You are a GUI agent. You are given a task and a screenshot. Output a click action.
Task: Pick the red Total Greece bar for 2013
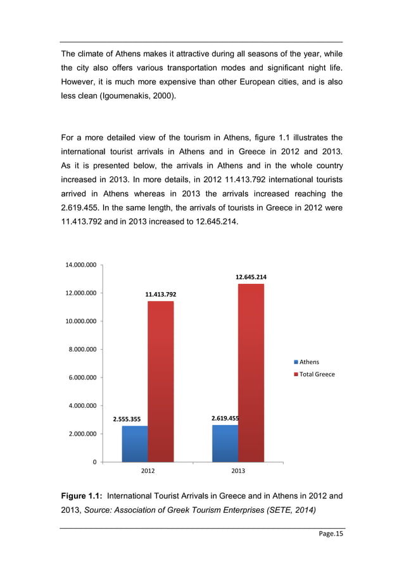tap(251, 373)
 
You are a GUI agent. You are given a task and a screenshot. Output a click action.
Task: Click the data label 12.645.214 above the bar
tap(251, 277)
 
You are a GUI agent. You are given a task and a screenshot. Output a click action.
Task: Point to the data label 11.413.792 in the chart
tap(160, 294)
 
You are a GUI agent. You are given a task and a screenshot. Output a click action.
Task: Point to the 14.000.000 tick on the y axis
tap(78, 265)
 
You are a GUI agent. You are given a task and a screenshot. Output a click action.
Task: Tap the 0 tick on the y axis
tap(94, 462)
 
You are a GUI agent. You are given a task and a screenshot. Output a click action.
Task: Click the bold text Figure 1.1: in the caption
tap(84, 497)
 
